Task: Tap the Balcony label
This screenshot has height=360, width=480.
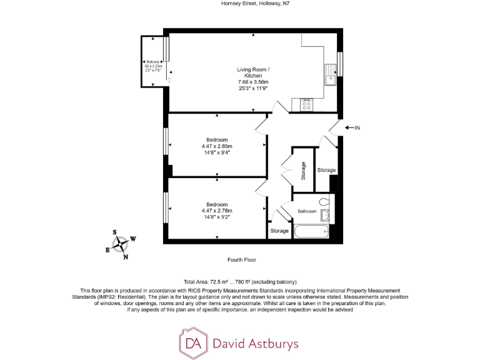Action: (153, 62)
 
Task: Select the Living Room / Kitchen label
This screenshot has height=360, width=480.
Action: (252, 72)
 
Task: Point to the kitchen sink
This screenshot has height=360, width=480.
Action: (330, 79)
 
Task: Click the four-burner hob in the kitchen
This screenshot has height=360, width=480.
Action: (306, 105)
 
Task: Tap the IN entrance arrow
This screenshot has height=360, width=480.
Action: (353, 127)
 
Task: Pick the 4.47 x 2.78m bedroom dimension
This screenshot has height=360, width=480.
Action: (217, 211)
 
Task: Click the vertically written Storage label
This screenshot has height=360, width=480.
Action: (304, 171)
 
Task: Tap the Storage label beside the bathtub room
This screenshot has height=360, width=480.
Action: (279, 231)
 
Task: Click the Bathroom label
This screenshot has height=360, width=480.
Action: (307, 211)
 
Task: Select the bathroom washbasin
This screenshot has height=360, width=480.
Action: (325, 216)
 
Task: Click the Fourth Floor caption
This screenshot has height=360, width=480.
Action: (242, 259)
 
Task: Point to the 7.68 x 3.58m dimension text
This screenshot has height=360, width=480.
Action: (252, 82)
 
